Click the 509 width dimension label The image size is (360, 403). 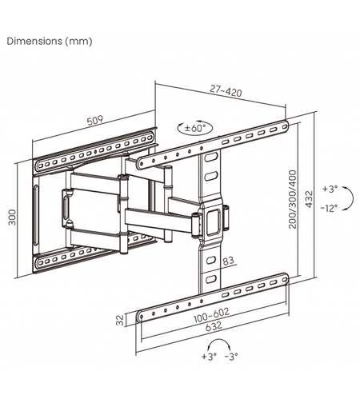point(95,121)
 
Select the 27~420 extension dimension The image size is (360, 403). point(226,90)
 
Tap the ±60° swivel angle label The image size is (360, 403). point(195,128)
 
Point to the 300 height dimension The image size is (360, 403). point(12,217)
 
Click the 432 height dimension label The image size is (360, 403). point(309,199)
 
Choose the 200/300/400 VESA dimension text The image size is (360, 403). point(293,199)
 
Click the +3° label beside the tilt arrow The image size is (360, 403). point(330,189)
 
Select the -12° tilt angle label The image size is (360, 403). point(329,208)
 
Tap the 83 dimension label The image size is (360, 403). point(228,261)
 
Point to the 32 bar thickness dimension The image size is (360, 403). point(120,320)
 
